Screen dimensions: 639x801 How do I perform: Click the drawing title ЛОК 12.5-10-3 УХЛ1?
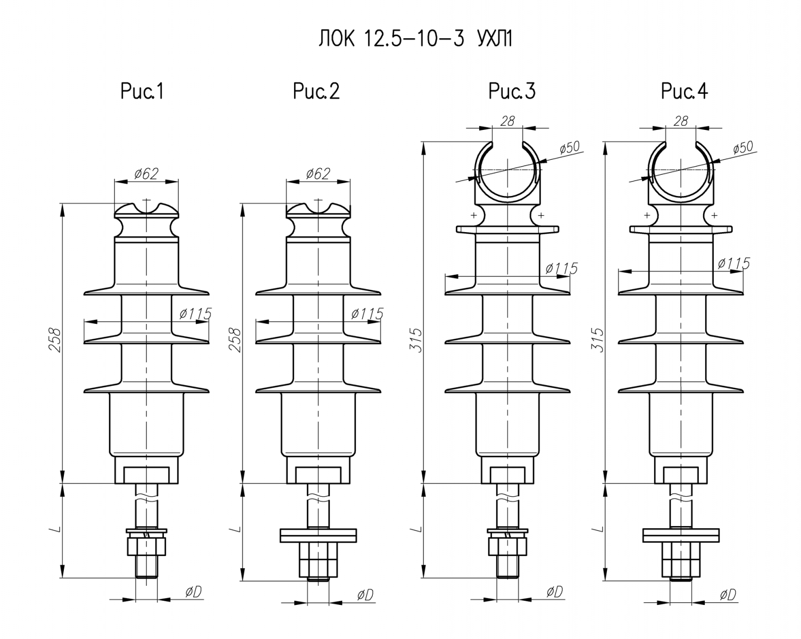(415, 39)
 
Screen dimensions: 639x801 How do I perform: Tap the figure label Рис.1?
(142, 92)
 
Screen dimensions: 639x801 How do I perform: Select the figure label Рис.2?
(316, 92)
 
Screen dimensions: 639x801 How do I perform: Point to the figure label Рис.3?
(512, 92)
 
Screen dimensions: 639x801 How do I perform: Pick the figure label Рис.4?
(685, 92)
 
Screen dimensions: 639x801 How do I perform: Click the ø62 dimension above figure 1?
(146, 174)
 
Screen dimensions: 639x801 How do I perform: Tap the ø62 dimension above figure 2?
(318, 174)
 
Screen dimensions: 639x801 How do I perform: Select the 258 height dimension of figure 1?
(55, 340)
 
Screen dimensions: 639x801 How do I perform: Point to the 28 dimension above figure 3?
(508, 121)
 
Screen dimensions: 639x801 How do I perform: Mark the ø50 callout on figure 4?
(742, 148)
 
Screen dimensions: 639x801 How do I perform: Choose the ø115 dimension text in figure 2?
(367, 314)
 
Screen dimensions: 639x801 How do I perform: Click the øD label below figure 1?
(194, 592)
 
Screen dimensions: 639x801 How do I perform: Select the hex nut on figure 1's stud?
(146, 546)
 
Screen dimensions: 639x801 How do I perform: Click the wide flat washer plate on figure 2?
(318, 535)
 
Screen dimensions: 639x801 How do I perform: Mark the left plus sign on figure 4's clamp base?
(646, 216)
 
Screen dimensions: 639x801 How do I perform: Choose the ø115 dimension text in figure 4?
(733, 263)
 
